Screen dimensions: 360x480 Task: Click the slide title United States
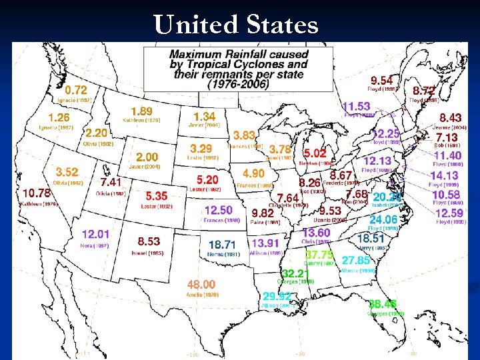coord(236,25)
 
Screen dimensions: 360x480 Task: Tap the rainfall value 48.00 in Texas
coord(201,285)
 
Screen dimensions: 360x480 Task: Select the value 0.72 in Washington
coord(76,89)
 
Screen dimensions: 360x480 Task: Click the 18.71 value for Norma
coord(222,245)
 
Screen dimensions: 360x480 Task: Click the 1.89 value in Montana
coord(141,111)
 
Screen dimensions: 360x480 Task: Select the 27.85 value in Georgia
coord(356,261)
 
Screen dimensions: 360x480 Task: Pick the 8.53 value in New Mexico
coord(149,241)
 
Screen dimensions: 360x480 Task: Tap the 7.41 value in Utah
coord(111,181)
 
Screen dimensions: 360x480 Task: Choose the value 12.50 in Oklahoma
coord(219,211)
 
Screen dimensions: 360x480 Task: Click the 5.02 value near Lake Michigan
coord(315,153)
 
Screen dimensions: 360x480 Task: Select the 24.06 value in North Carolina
coord(383,219)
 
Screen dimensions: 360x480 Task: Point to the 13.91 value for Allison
coord(265,244)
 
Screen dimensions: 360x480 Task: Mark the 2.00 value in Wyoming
coord(147,157)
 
